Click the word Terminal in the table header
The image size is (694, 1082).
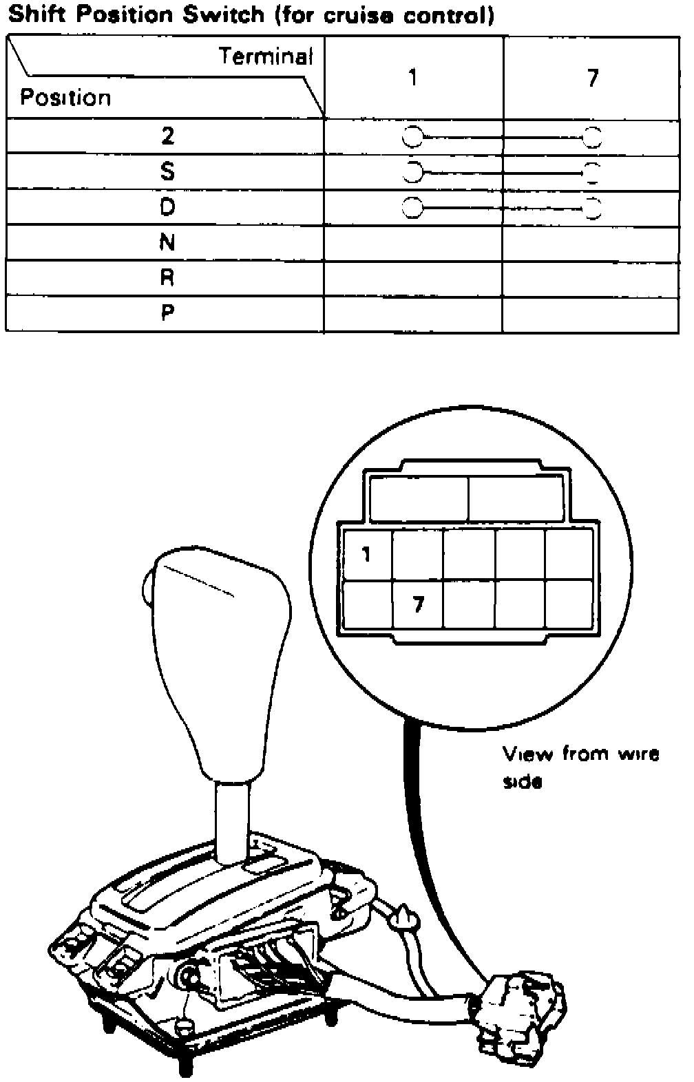pyautogui.click(x=266, y=56)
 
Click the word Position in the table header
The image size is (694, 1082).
pyautogui.click(x=65, y=98)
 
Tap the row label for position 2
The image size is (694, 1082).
pyautogui.click(x=167, y=136)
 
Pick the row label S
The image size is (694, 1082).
pyautogui.click(x=167, y=171)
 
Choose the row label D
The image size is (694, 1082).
pyautogui.click(x=167, y=206)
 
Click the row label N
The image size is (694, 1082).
pyautogui.click(x=167, y=242)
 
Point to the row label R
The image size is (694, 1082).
pyautogui.click(x=167, y=277)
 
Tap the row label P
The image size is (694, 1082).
pyautogui.click(x=167, y=313)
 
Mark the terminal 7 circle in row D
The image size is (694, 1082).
pyautogui.click(x=593, y=207)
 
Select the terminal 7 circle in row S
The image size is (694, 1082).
pyautogui.click(x=593, y=171)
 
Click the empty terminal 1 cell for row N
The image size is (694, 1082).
pyautogui.click(x=413, y=242)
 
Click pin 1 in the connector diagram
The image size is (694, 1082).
pyautogui.click(x=366, y=553)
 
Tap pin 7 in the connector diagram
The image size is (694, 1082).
pyautogui.click(x=418, y=604)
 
